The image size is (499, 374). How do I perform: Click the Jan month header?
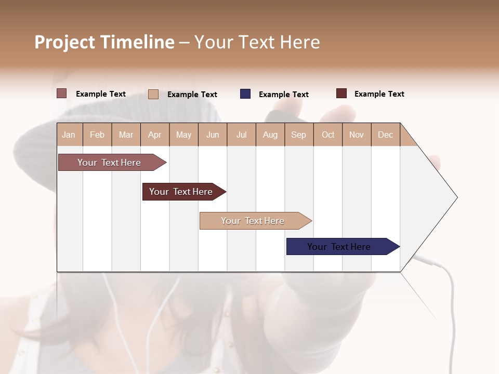[69, 135]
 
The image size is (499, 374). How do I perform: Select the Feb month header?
[97, 135]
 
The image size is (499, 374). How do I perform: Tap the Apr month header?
[154, 135]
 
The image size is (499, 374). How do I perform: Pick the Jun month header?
[213, 135]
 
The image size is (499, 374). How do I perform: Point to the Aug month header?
[270, 135]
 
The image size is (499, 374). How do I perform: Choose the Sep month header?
[298, 135]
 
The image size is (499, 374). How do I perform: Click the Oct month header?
[328, 135]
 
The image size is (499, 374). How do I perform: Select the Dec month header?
[385, 135]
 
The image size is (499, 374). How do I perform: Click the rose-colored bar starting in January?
[109, 163]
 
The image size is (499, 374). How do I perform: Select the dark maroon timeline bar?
[181, 192]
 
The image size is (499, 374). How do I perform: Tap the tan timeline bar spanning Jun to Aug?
[253, 221]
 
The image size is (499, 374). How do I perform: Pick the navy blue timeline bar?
[339, 247]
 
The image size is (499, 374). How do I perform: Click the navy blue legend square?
[245, 94]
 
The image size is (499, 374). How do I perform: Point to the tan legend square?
[153, 94]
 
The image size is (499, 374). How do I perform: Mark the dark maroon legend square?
[342, 94]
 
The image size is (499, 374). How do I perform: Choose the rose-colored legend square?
[62, 94]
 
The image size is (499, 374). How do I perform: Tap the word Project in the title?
[65, 42]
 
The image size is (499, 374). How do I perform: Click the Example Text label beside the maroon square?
[379, 94]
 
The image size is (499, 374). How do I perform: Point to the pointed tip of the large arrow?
[456, 197]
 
